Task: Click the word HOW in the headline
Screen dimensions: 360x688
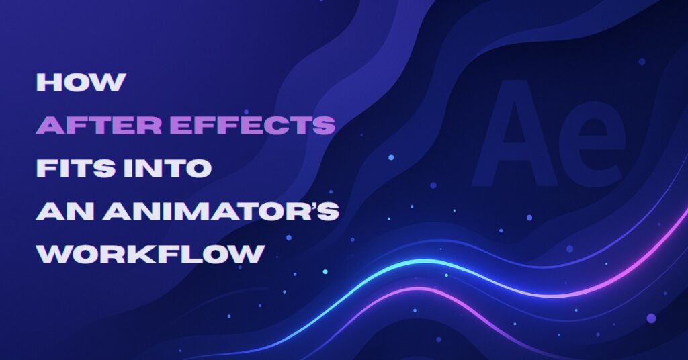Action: (x=81, y=82)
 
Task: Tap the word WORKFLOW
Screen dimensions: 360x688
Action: (x=149, y=255)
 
